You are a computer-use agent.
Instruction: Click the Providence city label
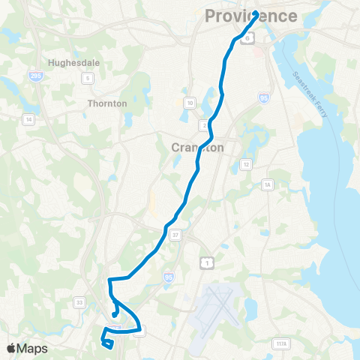[251, 16]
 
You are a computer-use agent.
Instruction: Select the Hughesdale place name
[74, 64]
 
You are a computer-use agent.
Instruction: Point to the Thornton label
[107, 103]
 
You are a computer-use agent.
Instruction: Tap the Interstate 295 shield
[37, 77]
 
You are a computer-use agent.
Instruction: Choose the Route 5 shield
[88, 79]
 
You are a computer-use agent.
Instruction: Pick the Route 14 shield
[28, 120]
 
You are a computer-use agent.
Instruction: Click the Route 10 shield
[190, 103]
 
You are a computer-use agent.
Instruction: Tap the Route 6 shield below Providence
[245, 42]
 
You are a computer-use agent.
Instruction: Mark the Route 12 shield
[245, 164]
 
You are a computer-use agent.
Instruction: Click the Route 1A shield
[268, 184]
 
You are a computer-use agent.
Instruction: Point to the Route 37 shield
[174, 235]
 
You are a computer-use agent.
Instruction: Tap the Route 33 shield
[79, 301]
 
